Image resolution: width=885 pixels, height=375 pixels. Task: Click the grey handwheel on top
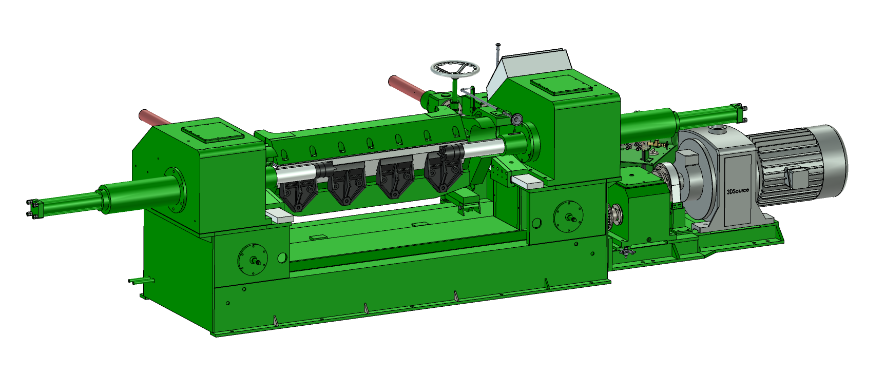[x=455, y=69]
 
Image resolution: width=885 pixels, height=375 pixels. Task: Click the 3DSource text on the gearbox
[x=738, y=191]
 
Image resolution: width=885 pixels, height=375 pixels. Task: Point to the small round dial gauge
[x=516, y=120]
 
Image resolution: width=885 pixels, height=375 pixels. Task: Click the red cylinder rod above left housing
[x=155, y=117]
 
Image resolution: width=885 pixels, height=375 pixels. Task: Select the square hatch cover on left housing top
[x=212, y=131]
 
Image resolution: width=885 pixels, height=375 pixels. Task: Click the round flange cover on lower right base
[x=568, y=215]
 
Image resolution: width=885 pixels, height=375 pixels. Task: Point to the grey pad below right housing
[x=527, y=180]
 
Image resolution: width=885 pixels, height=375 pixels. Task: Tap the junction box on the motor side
[x=797, y=176]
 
